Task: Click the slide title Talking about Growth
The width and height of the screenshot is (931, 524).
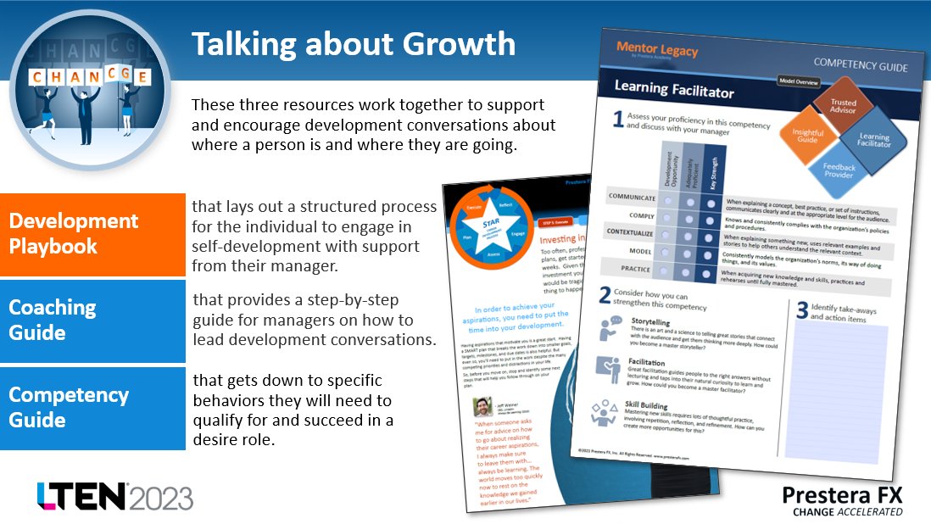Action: [x=353, y=44]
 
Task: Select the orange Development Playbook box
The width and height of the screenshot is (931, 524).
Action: [x=92, y=234]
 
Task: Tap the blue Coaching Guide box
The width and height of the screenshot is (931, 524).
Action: [x=92, y=320]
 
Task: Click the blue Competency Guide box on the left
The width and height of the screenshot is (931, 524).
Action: [x=92, y=408]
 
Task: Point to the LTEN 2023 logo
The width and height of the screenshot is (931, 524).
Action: [x=114, y=496]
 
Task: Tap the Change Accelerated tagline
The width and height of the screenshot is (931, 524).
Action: [x=847, y=511]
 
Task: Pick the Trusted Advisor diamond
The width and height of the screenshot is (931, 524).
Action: [x=843, y=103]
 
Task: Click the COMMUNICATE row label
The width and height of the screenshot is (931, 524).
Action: [x=632, y=197]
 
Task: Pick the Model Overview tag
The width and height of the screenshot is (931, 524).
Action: [x=805, y=82]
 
